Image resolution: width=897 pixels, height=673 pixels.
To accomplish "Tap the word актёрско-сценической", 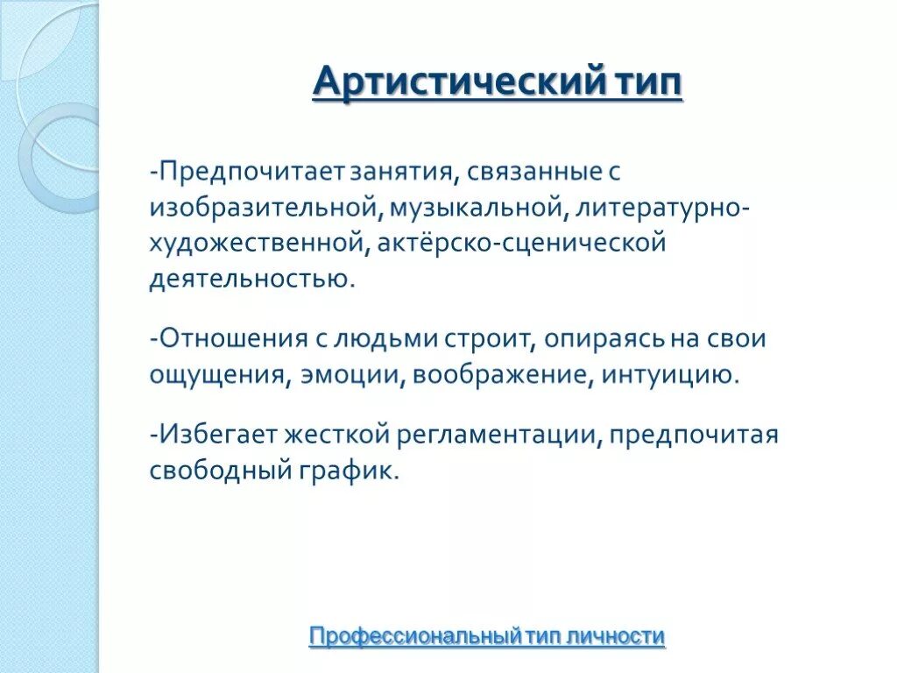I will (522, 242).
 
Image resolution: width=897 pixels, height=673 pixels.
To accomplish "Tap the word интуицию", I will (668, 375).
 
